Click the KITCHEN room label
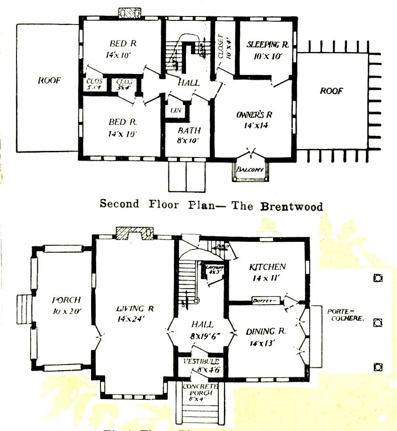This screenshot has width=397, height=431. pyautogui.click(x=267, y=267)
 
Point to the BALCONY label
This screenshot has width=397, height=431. pyautogui.click(x=250, y=169)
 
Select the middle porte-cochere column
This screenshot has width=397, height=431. pyautogui.click(x=377, y=323)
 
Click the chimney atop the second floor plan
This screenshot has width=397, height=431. pyautogui.click(x=127, y=12)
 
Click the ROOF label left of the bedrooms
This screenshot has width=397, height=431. pyautogui.click(x=49, y=81)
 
